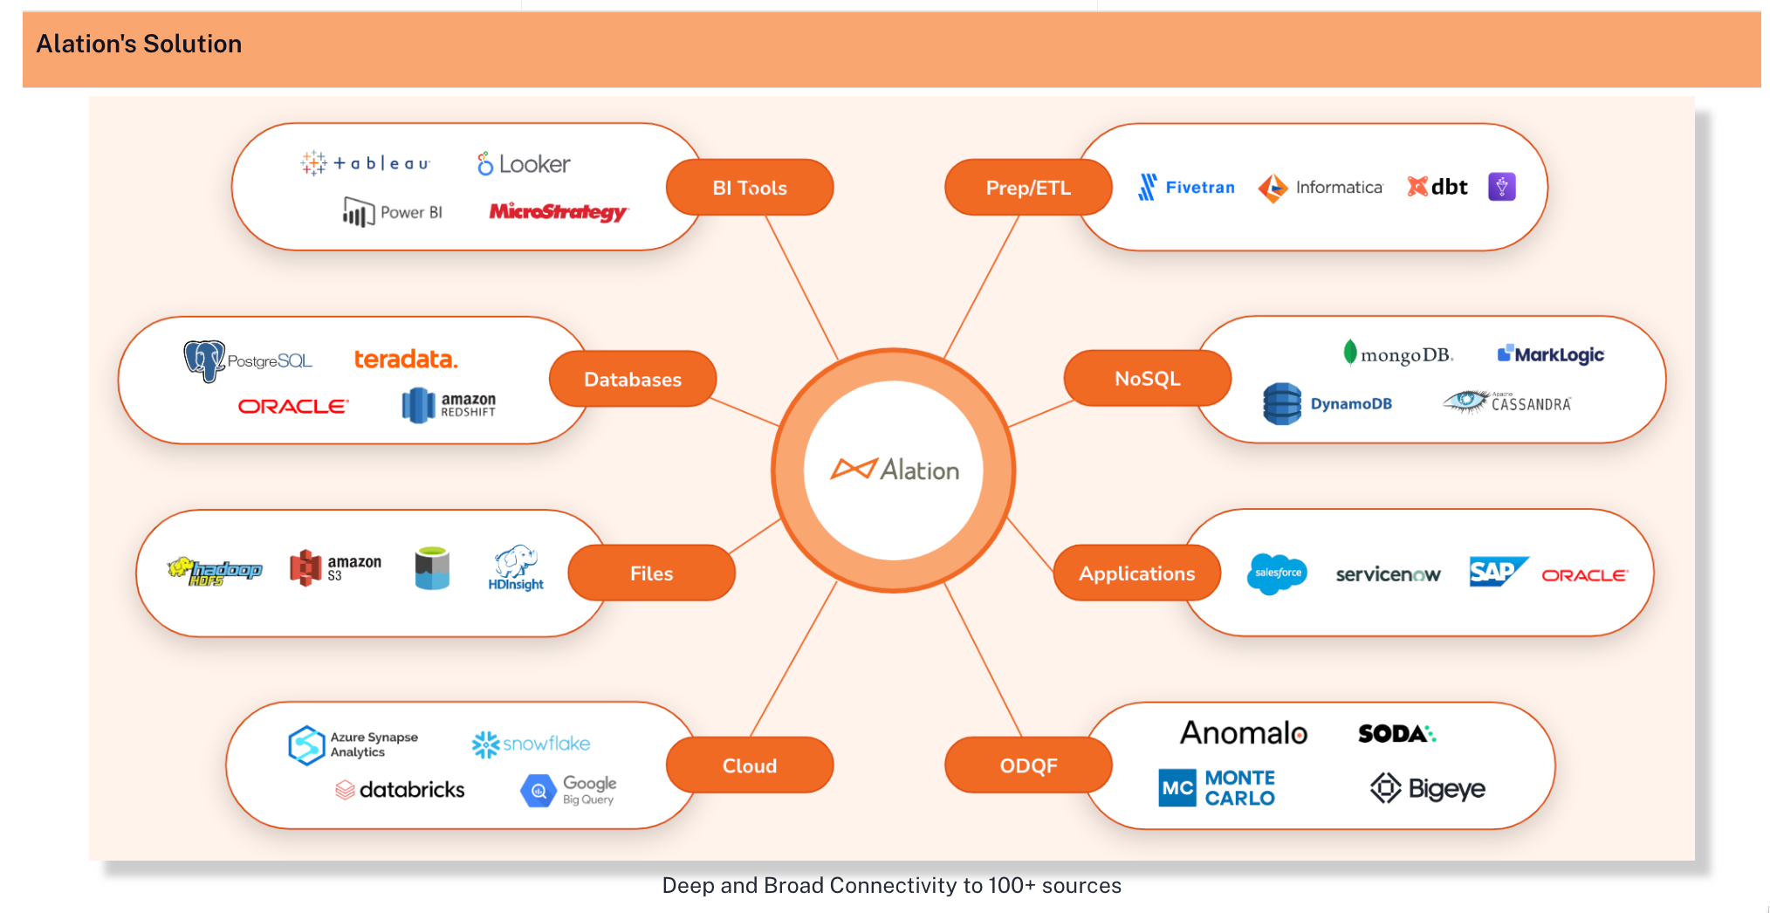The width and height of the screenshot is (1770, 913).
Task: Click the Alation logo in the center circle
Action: point(894,470)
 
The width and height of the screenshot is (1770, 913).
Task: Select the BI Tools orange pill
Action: point(749,188)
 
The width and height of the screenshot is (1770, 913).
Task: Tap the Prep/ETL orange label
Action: point(1028,188)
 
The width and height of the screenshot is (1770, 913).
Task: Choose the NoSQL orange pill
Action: point(1147,379)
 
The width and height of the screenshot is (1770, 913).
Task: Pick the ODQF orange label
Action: point(1028,765)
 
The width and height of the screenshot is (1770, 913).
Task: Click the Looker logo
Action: point(524,164)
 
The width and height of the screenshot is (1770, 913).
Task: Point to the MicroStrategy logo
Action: point(558,212)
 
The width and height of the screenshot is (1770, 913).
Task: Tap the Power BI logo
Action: point(393,212)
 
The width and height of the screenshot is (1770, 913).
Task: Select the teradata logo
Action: point(406,360)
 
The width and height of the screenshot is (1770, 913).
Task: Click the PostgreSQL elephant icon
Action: point(204,360)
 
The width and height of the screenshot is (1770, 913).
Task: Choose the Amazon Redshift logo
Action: point(449,405)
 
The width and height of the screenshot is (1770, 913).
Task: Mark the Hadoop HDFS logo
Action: point(215,571)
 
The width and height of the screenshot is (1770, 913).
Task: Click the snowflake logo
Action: point(531,744)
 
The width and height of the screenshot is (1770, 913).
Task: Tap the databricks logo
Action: point(401,790)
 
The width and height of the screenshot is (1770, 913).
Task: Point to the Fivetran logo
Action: point(1187,187)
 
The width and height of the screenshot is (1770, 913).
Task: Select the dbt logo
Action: point(1437,187)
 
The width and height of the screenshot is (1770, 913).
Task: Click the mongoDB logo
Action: point(1398,354)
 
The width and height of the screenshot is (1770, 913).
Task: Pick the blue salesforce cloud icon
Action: point(1277,573)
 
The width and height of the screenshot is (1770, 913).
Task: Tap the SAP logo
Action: point(1496,573)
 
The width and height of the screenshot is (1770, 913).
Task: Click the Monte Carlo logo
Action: point(1217,787)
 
